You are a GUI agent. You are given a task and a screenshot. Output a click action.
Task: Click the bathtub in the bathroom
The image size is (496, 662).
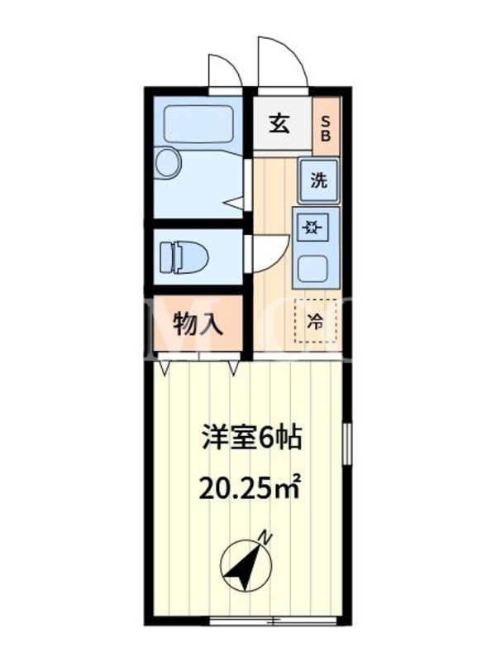[x=198, y=124]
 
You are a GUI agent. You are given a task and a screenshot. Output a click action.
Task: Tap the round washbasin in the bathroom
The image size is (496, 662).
[x=168, y=162]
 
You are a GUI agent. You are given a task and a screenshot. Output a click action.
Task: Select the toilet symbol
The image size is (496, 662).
[x=184, y=257]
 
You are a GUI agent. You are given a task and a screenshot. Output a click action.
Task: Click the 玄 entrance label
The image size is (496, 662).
[x=280, y=124]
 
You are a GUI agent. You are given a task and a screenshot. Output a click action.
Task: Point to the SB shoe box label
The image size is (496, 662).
[x=326, y=128]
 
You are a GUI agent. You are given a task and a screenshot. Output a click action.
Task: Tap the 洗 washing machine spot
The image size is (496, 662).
[x=319, y=180]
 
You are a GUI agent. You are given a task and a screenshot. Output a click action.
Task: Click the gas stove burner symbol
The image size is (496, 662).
[x=312, y=228]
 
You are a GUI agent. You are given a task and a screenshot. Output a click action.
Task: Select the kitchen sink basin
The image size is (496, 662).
[x=313, y=269]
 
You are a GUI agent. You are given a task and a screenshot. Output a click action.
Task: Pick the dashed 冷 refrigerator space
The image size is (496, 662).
[x=316, y=320]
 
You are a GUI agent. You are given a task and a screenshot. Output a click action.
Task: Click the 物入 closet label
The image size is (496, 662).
[x=198, y=325]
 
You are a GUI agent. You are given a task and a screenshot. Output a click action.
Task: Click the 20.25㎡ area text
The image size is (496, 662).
[x=250, y=488]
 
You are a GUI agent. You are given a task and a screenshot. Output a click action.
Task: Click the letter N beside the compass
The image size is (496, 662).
[x=265, y=538]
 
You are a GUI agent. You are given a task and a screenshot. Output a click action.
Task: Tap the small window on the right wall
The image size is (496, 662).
[x=347, y=444]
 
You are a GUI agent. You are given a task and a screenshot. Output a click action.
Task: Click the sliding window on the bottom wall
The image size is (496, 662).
[x=274, y=621]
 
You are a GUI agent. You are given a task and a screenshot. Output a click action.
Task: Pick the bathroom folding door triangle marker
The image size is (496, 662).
[x=235, y=203]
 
